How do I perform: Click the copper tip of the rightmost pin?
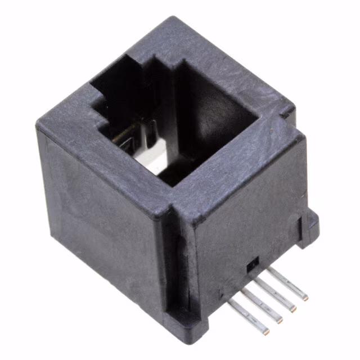(304, 296)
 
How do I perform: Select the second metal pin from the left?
(264, 300)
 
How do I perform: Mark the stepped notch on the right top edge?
(287, 112)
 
